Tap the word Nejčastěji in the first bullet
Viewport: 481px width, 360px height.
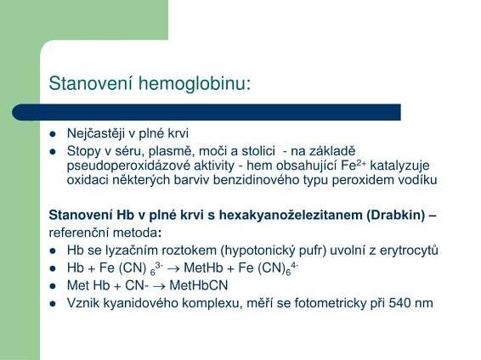coord(96,134)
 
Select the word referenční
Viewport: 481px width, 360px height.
coord(77,232)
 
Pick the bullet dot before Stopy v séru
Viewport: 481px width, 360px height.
coord(54,150)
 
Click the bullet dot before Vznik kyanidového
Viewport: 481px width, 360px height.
coord(54,301)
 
